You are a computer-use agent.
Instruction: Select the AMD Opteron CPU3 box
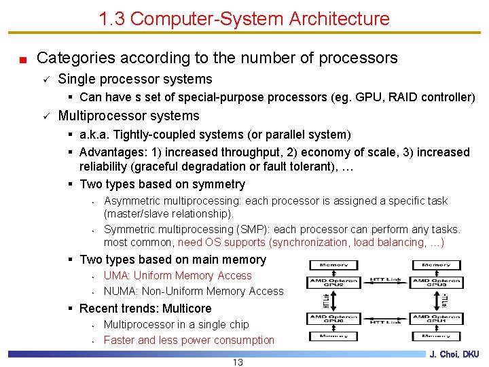click(x=436, y=283)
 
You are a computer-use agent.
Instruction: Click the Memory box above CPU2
click(x=333, y=264)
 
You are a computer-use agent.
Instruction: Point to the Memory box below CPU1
click(x=436, y=336)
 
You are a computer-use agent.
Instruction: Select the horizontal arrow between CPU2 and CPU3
click(x=384, y=283)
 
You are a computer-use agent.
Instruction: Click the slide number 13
click(x=238, y=362)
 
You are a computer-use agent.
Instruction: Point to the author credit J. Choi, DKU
click(x=454, y=354)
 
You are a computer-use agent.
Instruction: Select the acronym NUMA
click(x=118, y=292)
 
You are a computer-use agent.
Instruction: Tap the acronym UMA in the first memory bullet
click(x=116, y=276)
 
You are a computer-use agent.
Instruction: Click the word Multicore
click(x=187, y=309)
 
